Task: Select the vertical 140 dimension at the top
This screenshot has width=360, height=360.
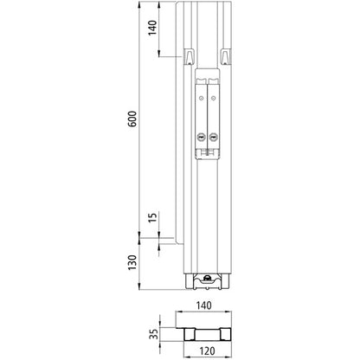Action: coord(151,29)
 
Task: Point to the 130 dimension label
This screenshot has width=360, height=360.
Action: coord(131,262)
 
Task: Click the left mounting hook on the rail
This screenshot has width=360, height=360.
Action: coord(187,56)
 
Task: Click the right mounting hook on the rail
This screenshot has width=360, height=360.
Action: coord(225,56)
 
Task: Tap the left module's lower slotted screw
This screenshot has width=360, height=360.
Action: coord(201,136)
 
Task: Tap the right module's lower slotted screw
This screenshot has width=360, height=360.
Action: coord(213,136)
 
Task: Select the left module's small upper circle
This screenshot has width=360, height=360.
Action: coord(201,100)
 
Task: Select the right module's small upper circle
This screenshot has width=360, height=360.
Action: coord(213,100)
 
